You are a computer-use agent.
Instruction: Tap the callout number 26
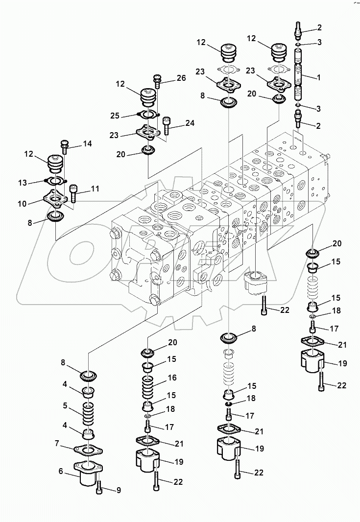[x=181, y=78]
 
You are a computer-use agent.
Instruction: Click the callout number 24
[x=190, y=123]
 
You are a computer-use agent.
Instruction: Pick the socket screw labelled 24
[x=166, y=125]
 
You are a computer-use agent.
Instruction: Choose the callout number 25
[x=114, y=116]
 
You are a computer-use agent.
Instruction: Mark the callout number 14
[x=87, y=144]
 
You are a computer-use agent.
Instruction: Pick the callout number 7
[x=57, y=443]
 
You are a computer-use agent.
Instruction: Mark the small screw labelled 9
[x=100, y=486]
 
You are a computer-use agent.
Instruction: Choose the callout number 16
[x=171, y=378]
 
